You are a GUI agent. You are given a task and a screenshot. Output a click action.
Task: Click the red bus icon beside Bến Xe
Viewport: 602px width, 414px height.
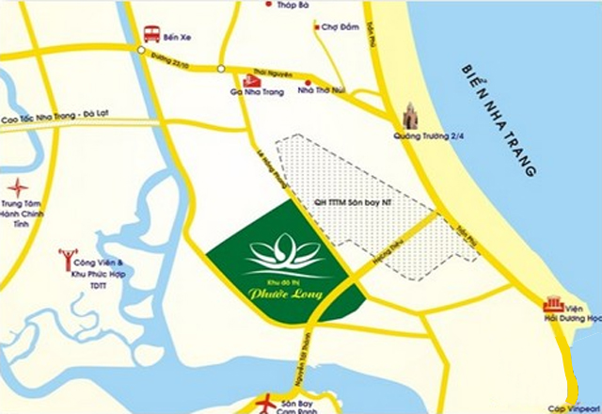click(x=150, y=34)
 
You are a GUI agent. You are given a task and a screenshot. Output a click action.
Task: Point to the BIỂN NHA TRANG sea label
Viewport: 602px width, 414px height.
click(x=499, y=123)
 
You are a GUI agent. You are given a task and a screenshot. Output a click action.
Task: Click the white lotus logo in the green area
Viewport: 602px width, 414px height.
click(x=281, y=251)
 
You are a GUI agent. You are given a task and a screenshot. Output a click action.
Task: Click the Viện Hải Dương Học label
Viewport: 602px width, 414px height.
click(x=583, y=313)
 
